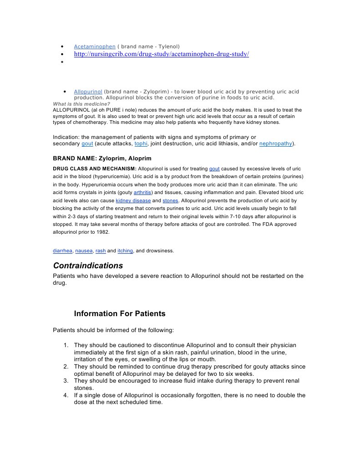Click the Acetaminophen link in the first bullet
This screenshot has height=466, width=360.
(x=95, y=46)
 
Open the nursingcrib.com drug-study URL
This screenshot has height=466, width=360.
(x=162, y=54)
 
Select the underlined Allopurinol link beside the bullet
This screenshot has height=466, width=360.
(x=88, y=92)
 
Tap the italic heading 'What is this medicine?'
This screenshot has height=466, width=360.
(x=81, y=104)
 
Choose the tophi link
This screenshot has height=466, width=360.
(x=141, y=144)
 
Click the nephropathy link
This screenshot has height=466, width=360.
(x=276, y=144)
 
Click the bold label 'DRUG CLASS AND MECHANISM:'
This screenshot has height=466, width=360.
(x=94, y=169)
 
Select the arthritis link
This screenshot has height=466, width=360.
(x=142, y=192)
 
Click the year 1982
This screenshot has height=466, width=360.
(x=101, y=232)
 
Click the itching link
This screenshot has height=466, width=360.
(x=125, y=251)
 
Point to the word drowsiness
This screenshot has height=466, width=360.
(x=160, y=251)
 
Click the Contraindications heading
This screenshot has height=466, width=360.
(x=88, y=265)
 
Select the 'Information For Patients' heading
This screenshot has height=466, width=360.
(x=120, y=314)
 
